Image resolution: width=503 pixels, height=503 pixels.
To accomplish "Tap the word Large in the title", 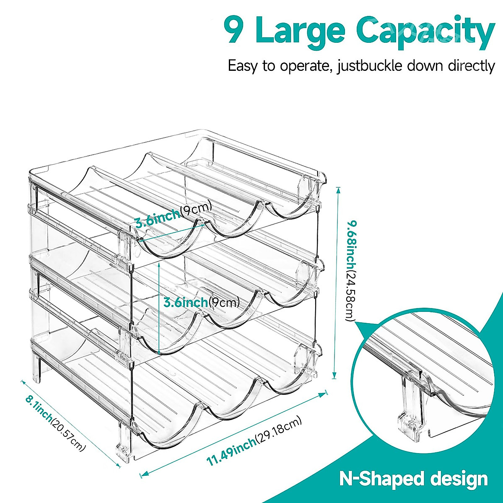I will pyautogui.click(x=300, y=30).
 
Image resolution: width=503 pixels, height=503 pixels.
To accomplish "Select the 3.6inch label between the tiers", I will pyautogui.click(x=185, y=302).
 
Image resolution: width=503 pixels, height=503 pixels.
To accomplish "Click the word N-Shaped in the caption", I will pyautogui.click(x=376, y=479).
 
